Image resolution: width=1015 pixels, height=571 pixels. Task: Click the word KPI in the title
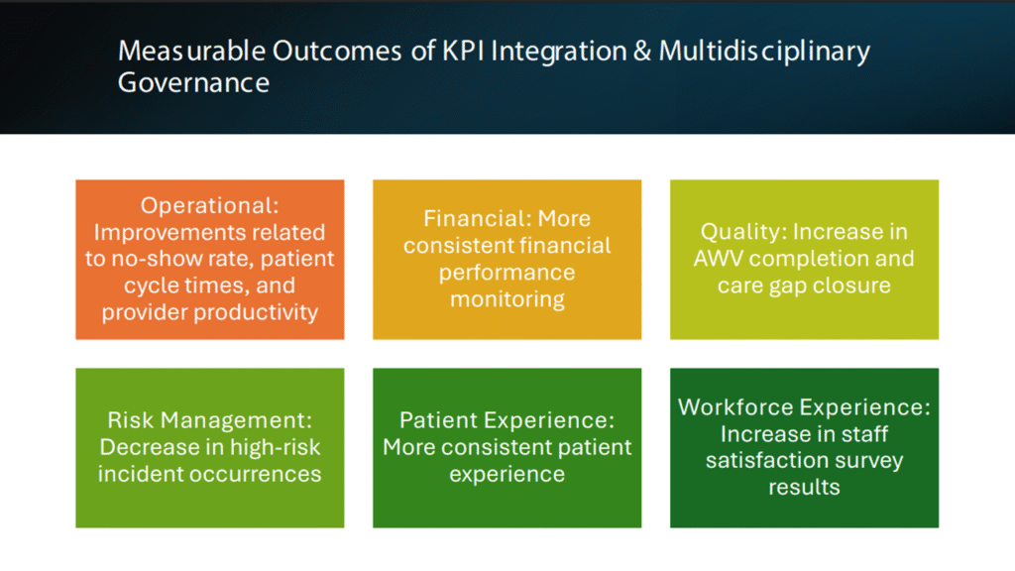pyautogui.click(x=464, y=51)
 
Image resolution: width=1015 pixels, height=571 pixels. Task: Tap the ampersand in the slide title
pyautogui.click(x=642, y=51)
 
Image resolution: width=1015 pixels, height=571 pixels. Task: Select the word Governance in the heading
pyautogui.click(x=193, y=83)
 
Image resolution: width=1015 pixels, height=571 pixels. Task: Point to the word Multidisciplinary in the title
pyautogui.click(x=764, y=53)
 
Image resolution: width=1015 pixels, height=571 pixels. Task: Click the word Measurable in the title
pyautogui.click(x=191, y=52)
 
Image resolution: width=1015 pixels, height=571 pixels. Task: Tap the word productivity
pyautogui.click(x=256, y=312)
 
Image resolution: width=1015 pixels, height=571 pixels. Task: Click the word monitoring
pyautogui.click(x=507, y=299)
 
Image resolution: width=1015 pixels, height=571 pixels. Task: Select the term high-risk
pyautogui.click(x=276, y=447)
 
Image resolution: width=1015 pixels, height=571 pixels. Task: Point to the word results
pyautogui.click(x=804, y=488)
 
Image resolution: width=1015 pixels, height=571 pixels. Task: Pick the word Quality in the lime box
pyautogui.click(x=743, y=232)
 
